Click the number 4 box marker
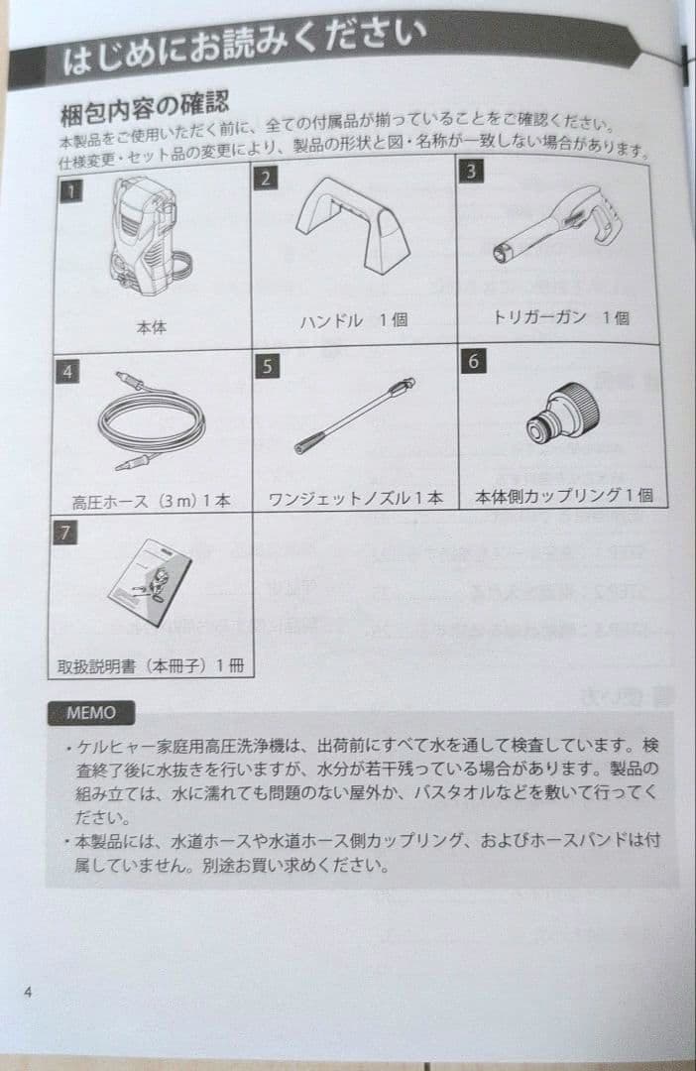point(67,371)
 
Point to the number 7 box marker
point(64,533)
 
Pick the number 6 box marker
point(474,361)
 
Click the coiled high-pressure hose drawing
point(150,420)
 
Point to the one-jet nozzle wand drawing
point(354,416)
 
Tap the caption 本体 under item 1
point(151,325)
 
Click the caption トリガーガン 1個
point(561,317)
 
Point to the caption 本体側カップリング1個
point(564,496)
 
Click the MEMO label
point(91,712)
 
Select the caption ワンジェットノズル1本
point(356,499)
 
